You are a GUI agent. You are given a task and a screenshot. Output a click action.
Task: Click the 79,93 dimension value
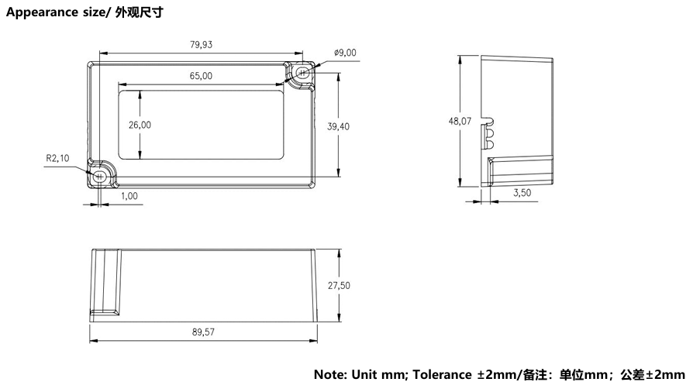tap(201, 45)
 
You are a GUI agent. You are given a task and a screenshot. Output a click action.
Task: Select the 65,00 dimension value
tap(201, 76)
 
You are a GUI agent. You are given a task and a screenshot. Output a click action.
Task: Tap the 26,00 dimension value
tap(140, 125)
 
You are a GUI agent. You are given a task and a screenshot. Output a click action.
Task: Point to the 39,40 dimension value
tap(338, 127)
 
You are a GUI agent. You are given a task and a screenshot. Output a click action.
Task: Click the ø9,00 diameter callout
tap(345, 53)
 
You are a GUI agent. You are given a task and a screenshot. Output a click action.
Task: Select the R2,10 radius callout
tap(58, 158)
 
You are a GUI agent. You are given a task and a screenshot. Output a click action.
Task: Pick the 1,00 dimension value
tap(129, 196)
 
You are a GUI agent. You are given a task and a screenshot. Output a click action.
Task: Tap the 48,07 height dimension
tap(460, 121)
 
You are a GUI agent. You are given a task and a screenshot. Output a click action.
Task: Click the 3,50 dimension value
tap(522, 192)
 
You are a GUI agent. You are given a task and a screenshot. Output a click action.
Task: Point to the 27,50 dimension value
tap(339, 286)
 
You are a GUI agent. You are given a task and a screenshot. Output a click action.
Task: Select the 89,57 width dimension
tap(203, 332)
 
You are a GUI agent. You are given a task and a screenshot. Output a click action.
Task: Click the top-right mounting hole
tap(303, 72)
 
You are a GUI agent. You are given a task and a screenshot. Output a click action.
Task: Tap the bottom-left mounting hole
tap(100, 176)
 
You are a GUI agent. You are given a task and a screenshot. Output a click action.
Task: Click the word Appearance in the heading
tap(36, 12)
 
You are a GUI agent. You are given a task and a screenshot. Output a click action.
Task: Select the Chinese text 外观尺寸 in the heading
tap(140, 12)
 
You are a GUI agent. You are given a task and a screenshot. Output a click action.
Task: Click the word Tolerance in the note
tap(442, 374)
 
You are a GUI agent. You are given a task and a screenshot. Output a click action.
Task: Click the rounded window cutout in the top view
tap(201, 125)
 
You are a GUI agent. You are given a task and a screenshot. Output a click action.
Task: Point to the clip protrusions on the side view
tap(489, 134)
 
